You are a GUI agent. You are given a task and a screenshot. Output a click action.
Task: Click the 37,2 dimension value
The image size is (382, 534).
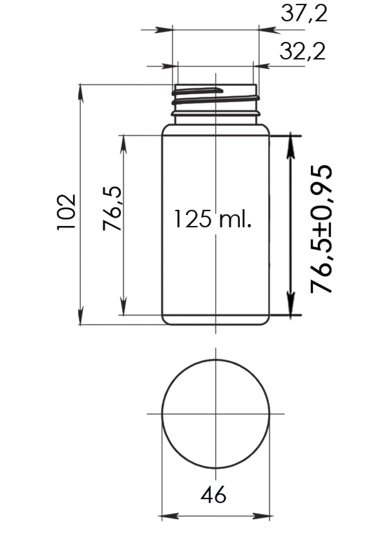point(304,13)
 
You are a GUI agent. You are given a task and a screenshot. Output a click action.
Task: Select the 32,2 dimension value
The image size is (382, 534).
point(303,51)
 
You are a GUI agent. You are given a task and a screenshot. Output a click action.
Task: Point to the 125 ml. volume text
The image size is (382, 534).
point(213,219)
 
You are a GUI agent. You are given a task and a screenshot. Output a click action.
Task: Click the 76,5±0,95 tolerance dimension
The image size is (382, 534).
point(321,229)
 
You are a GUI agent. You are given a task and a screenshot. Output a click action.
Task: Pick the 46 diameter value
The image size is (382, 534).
point(213,495)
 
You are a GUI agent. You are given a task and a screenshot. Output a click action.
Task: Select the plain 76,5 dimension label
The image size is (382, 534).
point(112,208)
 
